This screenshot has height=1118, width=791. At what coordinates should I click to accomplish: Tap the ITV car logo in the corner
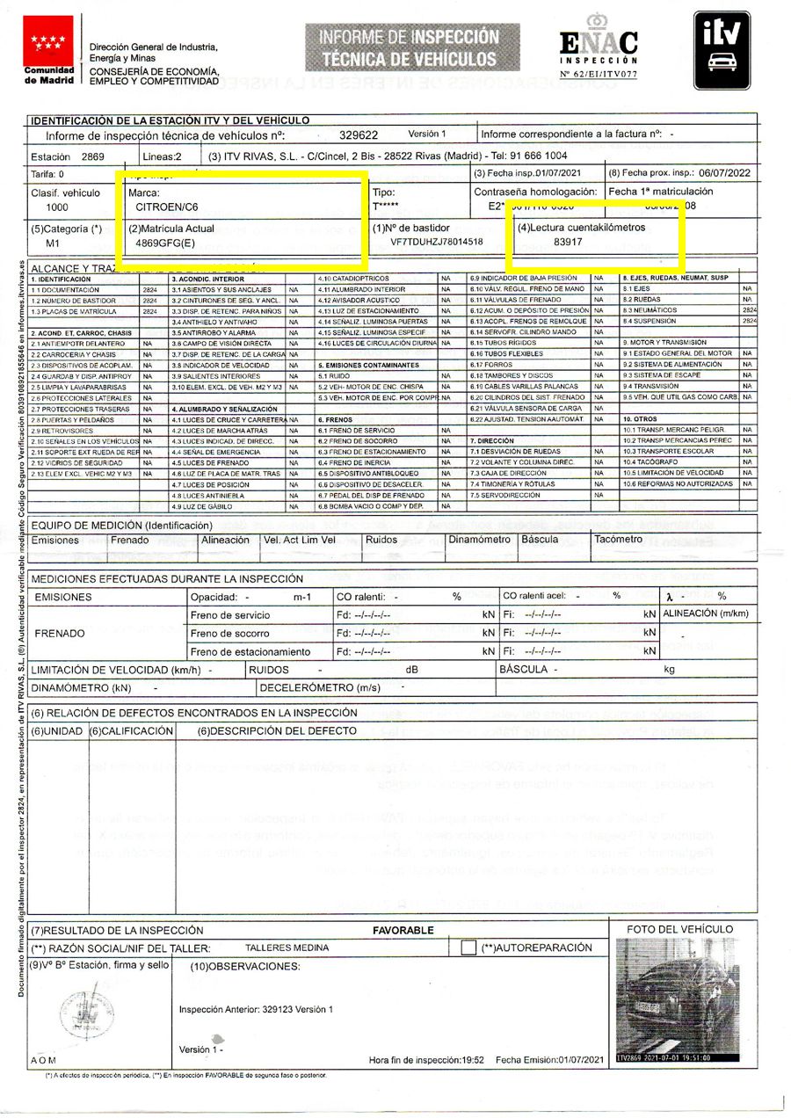(x=722, y=50)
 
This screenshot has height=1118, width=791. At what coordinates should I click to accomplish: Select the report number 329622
(x=359, y=135)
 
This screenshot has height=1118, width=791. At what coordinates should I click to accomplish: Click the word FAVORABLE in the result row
(x=403, y=930)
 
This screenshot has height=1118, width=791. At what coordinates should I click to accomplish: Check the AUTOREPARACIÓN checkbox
(x=468, y=948)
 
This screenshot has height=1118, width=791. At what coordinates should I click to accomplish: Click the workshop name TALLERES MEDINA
(x=287, y=947)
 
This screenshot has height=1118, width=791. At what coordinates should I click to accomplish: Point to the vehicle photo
(x=679, y=1000)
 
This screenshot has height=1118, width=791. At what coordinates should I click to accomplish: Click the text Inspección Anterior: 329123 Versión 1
(x=256, y=1010)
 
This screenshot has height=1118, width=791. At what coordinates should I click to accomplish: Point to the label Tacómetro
(x=616, y=540)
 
